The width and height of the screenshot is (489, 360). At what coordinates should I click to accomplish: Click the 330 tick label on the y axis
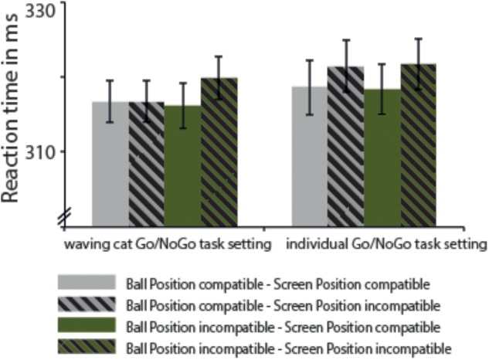click(40, 12)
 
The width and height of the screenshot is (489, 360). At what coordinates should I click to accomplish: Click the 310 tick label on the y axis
click(40, 151)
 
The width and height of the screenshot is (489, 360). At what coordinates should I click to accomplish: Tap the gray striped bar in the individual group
click(345, 147)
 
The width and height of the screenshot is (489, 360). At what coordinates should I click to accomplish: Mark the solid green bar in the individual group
click(382, 158)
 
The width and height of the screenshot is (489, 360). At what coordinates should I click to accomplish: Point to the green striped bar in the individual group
click(418, 145)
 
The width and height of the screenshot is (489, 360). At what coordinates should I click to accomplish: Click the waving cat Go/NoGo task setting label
click(167, 246)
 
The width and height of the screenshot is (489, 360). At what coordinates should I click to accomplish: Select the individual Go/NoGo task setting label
click(386, 246)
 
